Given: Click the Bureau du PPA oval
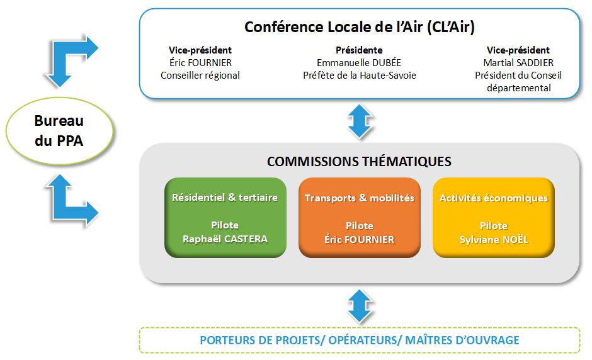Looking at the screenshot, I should coord(59,131).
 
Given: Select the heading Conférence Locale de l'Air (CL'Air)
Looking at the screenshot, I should coord(359,27).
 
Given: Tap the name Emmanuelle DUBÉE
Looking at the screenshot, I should coord(359,63).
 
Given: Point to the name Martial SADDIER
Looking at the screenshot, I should coord(518,63).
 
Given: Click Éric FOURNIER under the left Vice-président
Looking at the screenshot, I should coord(200,63).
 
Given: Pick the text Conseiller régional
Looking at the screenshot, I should coord(200,76).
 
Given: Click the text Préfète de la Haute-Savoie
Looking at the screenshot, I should coord(359,76).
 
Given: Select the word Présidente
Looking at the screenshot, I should coord(359,50).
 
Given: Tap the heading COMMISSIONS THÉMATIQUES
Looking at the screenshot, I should coord(359,162).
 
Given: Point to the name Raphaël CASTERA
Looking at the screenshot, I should coord(225,239).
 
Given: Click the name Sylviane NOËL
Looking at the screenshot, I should coord(493,240).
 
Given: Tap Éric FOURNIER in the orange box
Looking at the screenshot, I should coord(359,240).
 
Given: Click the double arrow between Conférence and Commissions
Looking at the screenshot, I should coord(359,121).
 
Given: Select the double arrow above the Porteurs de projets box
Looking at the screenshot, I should coord(359,305).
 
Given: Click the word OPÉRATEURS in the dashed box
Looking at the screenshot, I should coord(360,340).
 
